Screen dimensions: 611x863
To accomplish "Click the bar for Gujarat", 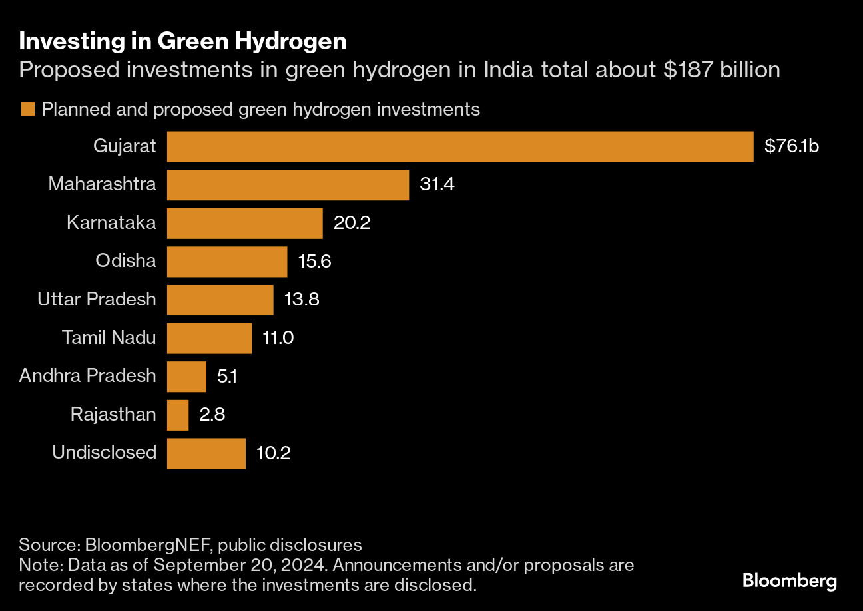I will point(459,146).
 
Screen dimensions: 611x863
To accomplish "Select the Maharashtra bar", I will point(288,185).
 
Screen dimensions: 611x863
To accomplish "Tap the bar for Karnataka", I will point(244,223).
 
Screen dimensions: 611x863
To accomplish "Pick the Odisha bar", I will point(226,262).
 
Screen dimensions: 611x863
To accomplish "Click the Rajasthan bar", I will point(178,415).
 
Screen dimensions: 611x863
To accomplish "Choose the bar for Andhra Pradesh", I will point(186,377).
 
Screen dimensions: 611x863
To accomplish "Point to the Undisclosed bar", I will point(206,453).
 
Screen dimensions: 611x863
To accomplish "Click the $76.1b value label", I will point(791,146).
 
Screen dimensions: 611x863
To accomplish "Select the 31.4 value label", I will point(437,185).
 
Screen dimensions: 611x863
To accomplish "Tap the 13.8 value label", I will point(302,300).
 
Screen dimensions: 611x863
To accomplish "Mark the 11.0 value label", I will point(278,338).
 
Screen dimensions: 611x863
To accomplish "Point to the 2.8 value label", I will point(212,415).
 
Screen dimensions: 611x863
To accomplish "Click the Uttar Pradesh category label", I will point(97,300).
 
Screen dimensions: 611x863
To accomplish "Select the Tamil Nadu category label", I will point(109,337).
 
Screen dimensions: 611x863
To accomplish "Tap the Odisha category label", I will point(125,261).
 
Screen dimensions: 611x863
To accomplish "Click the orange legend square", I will point(27,109).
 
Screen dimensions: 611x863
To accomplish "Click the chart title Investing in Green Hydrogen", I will point(182,41).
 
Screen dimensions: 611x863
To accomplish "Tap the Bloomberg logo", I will point(790,581).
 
